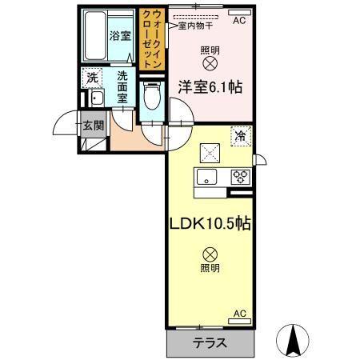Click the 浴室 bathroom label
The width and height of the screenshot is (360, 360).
(120, 35)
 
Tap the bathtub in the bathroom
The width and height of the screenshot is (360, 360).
(97, 36)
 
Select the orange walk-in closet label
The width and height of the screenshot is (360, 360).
(151, 38)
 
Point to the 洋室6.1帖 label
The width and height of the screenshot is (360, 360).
(210, 86)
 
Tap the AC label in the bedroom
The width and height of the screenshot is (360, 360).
(238, 22)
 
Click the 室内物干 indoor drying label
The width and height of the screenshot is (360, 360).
(200, 26)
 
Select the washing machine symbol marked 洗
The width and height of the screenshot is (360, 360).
(93, 78)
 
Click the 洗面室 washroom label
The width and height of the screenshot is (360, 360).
(122, 86)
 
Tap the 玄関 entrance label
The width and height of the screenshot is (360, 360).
(93, 125)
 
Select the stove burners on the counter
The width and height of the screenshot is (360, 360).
(239, 178)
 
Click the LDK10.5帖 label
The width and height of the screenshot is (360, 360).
(210, 223)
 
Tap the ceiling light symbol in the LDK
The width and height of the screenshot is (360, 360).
(210, 254)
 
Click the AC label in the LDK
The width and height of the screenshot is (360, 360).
(239, 314)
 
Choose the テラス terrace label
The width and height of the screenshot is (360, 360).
(210, 343)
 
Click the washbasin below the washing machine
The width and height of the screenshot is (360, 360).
(94, 99)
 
